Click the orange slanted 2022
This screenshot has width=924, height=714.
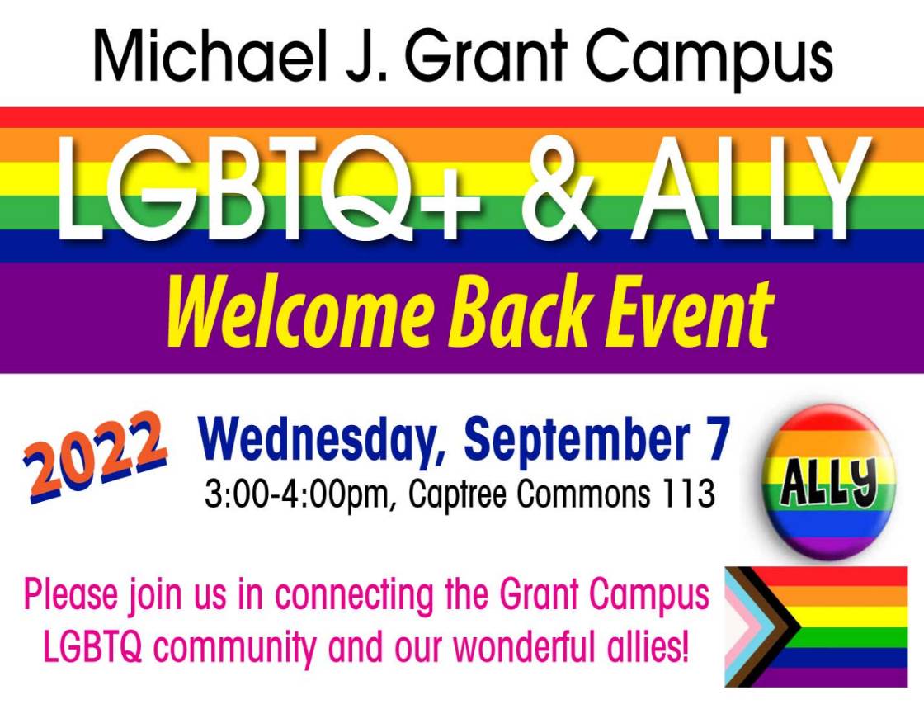[x=95, y=457]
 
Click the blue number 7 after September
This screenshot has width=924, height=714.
[x=719, y=438]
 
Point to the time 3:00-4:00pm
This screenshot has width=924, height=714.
[x=298, y=494]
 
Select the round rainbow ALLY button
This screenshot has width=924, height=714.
[x=828, y=481]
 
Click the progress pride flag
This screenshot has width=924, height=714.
[x=816, y=627]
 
